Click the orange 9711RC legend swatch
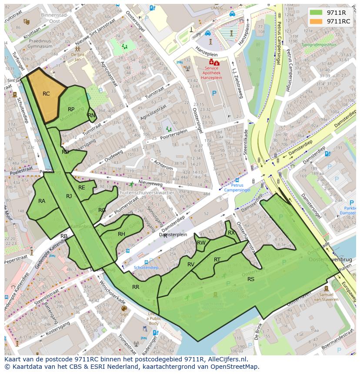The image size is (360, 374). (x=316, y=21)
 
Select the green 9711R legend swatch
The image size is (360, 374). (x=316, y=13)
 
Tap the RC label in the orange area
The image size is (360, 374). (x=46, y=94)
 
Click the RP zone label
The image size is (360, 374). (x=71, y=109)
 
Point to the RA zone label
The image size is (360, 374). (x=42, y=201)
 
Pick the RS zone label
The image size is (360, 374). (x=251, y=279)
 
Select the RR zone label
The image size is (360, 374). (x=136, y=287)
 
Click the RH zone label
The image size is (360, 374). (x=121, y=234)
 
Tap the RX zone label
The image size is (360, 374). (x=231, y=233)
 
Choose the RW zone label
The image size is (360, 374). (x=201, y=243)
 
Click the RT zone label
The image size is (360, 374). (x=217, y=260)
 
